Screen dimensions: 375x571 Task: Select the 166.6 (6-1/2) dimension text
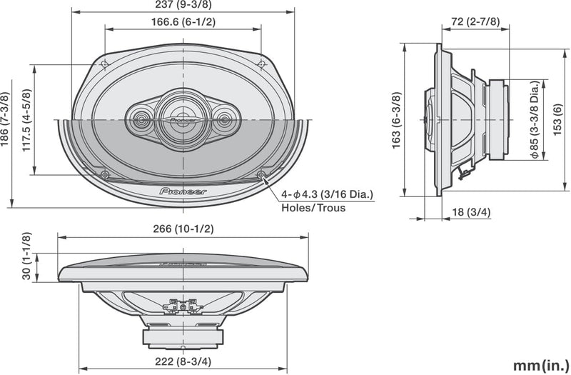[x=183, y=22]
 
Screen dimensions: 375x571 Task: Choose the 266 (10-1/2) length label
[x=183, y=229]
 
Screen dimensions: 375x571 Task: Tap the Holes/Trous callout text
[x=312, y=208]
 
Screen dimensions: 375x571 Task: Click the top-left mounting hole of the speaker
[x=105, y=65]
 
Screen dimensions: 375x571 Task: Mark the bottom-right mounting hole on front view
[x=261, y=174]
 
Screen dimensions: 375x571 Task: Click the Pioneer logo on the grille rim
[x=183, y=191]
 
